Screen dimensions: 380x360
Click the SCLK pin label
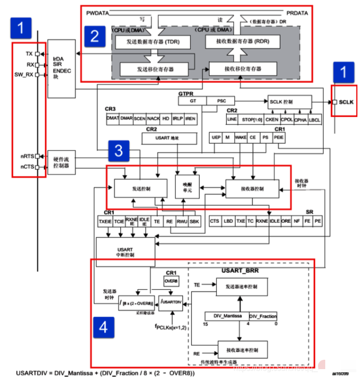[346, 102]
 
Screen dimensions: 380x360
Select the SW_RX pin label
[24, 75]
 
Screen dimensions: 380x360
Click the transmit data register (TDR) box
[148, 42]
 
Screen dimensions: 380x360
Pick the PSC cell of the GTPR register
[220, 101]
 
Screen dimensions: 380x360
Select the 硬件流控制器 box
[61, 163]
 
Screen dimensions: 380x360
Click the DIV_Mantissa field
[227, 316]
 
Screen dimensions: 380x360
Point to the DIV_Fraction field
[263, 316]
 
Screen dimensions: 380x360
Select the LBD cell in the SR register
[228, 221]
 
